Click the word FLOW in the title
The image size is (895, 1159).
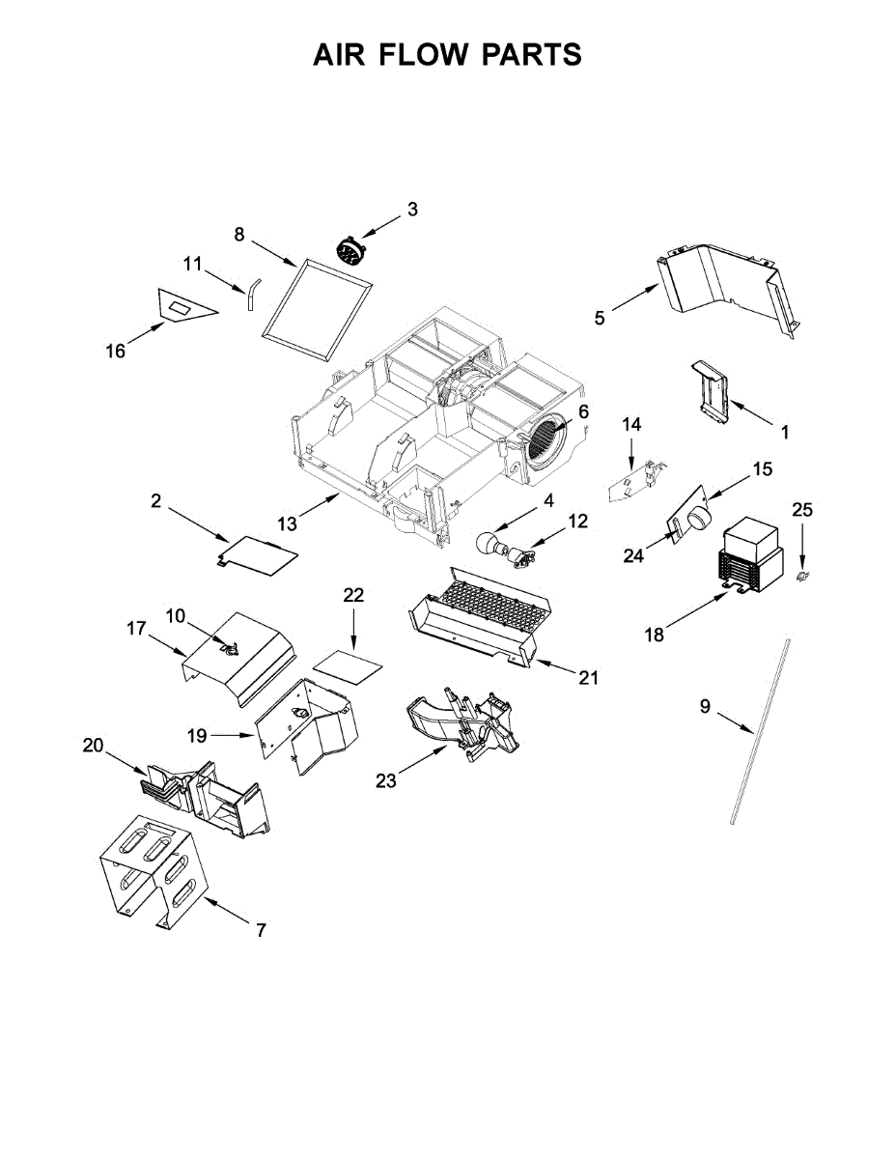point(426,55)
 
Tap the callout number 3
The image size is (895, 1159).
point(412,209)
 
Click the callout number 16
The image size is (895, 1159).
point(116,352)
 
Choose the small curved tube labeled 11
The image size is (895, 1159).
point(252,292)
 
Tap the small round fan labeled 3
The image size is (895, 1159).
point(349,250)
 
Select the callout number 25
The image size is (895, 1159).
point(803,509)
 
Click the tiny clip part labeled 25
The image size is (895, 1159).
point(801,577)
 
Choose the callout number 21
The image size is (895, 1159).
point(589,679)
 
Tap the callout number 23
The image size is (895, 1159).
point(386,781)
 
